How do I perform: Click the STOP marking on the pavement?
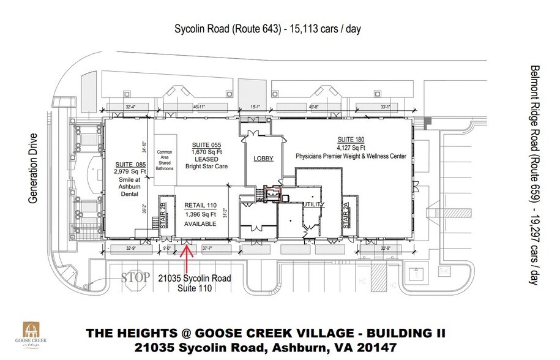pos(135,278)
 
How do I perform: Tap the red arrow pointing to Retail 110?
pos(186,257)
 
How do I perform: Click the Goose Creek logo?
pos(34,334)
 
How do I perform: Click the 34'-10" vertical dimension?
pos(144,147)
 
